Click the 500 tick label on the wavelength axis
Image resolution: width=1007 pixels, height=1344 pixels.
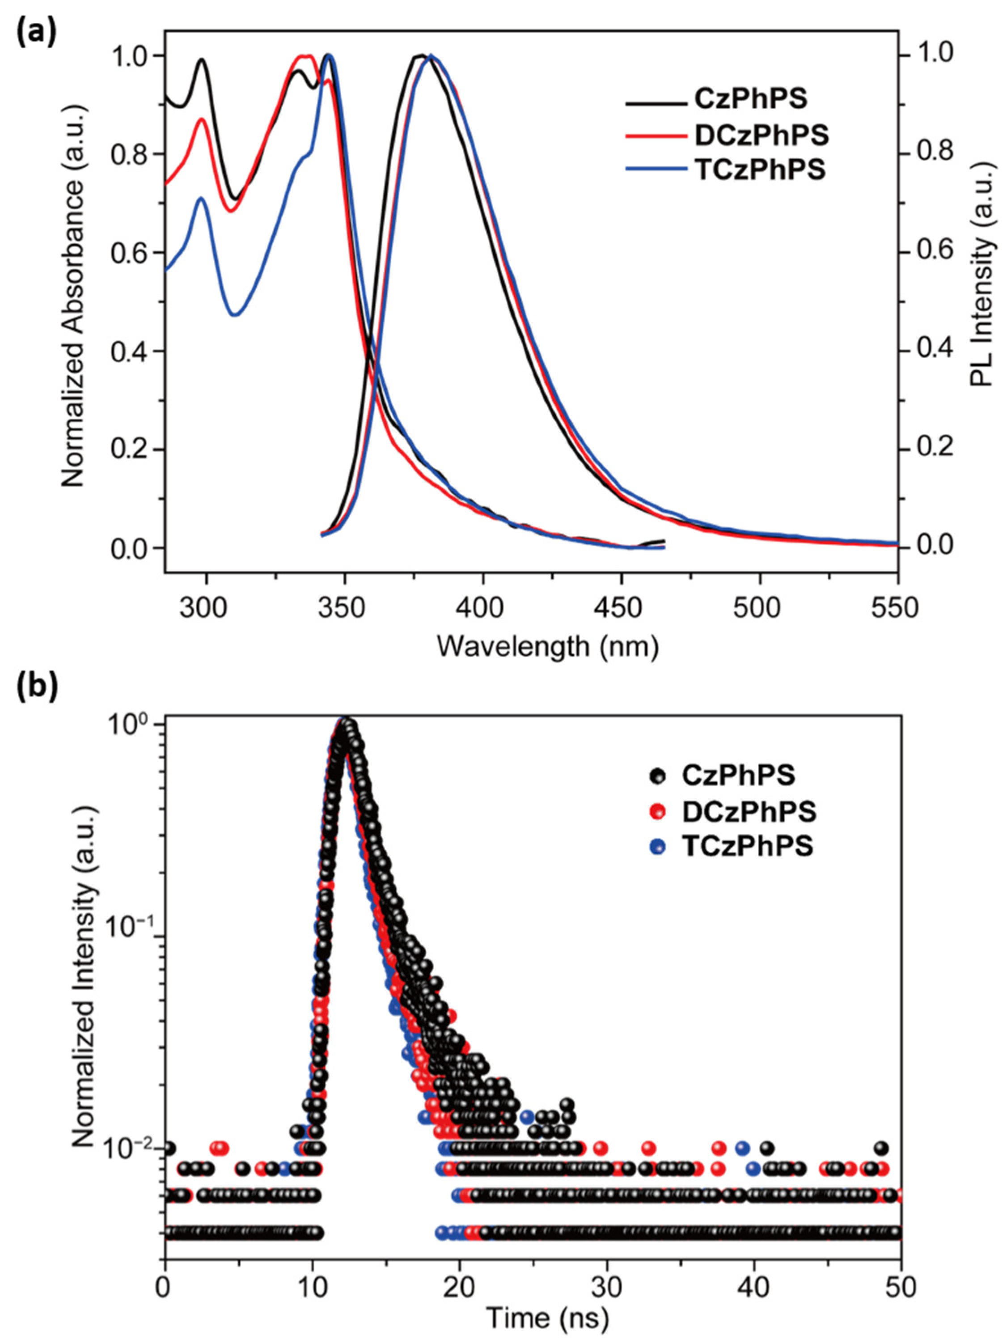pyautogui.click(x=760, y=607)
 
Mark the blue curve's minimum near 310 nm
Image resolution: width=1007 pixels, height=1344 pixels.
pyautogui.click(x=236, y=314)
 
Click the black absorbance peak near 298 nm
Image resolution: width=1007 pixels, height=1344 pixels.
pyautogui.click(x=201, y=59)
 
